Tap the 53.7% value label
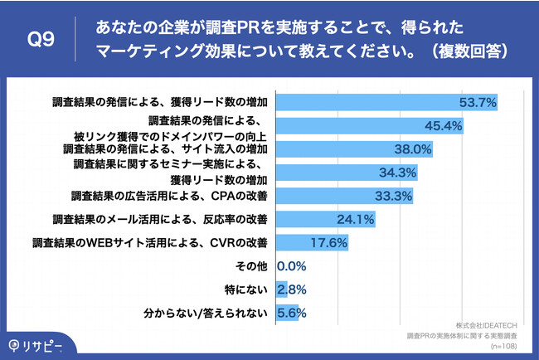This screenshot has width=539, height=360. [478, 103]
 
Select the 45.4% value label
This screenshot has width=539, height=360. [443, 126]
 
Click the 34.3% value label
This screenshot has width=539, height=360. [396, 173]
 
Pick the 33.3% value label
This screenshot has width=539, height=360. [392, 197]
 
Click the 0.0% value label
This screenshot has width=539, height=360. [292, 266]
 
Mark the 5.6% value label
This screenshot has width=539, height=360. [292, 313]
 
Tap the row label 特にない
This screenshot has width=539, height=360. [248, 289]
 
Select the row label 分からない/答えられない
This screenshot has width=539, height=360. [206, 313]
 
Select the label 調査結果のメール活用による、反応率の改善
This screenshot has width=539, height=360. [159, 220]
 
